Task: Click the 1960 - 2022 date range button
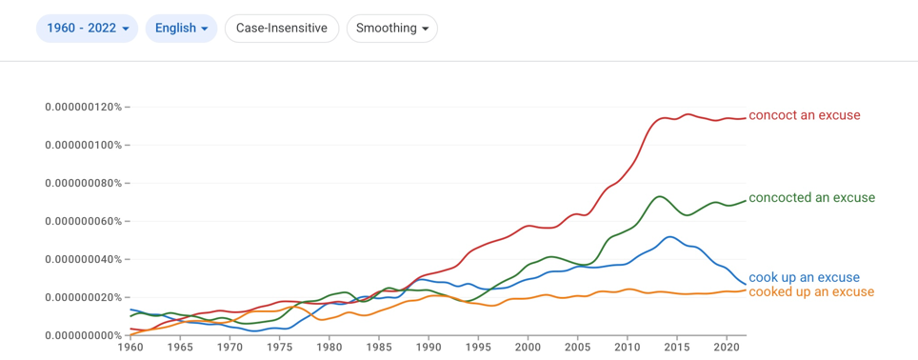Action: (x=87, y=29)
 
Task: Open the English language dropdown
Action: (x=182, y=29)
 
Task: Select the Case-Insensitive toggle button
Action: (x=282, y=29)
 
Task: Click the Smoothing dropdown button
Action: (x=391, y=29)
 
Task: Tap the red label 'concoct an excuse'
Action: (x=805, y=115)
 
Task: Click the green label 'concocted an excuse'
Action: (x=811, y=198)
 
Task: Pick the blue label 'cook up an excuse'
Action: (x=804, y=277)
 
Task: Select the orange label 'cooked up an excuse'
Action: (x=810, y=291)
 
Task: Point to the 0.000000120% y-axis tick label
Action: (x=83, y=107)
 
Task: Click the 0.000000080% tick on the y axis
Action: (x=83, y=183)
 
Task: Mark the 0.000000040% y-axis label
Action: (x=83, y=259)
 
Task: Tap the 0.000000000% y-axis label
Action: (x=83, y=335)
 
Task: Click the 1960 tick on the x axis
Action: (x=130, y=346)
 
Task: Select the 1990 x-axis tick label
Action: (x=428, y=346)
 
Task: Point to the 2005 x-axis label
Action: (x=577, y=346)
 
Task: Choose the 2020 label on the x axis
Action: (x=727, y=346)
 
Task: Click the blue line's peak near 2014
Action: (x=669, y=236)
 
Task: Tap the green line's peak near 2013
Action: (x=659, y=196)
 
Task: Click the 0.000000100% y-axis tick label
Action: (x=83, y=145)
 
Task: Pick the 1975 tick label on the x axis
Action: (x=279, y=346)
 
